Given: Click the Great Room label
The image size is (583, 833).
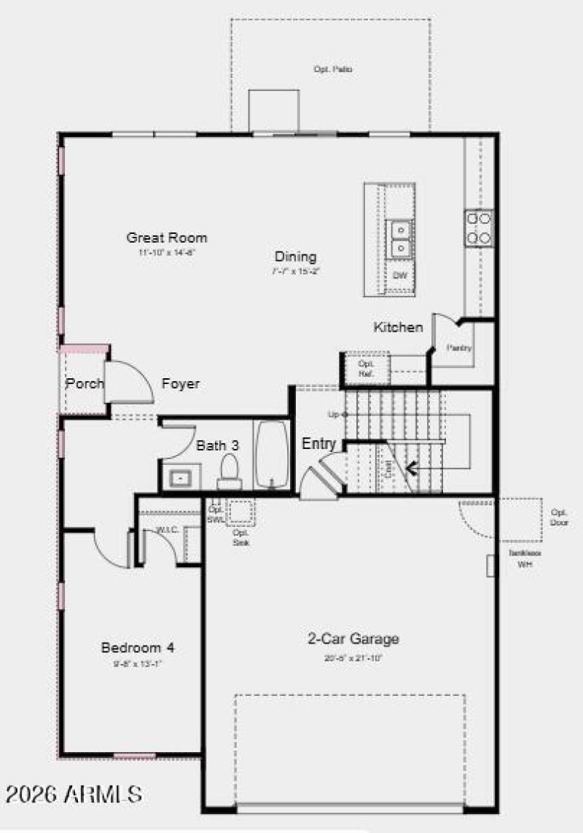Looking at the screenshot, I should [167, 238].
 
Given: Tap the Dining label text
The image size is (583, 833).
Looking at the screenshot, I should [295, 257].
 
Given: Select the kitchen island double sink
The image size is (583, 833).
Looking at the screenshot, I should [400, 240].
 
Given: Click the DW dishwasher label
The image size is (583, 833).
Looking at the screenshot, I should [399, 275].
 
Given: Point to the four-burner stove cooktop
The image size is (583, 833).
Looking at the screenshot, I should [479, 227].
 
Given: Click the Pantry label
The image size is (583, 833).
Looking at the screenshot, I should [460, 348].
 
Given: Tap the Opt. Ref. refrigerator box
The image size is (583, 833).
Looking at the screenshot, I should [366, 368].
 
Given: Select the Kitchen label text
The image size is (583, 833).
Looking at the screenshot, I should [398, 327].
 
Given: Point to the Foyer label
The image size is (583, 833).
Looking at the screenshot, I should [181, 383].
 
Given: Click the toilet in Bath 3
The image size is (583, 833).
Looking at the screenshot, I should [230, 472].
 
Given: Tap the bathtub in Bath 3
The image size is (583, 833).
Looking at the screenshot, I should [272, 453].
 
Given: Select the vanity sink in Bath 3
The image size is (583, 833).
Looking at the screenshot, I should [179, 478].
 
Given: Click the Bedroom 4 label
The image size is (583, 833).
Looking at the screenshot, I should [138, 647].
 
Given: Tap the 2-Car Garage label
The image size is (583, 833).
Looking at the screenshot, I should [353, 639].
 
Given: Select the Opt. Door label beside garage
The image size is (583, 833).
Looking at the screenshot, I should [560, 517].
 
